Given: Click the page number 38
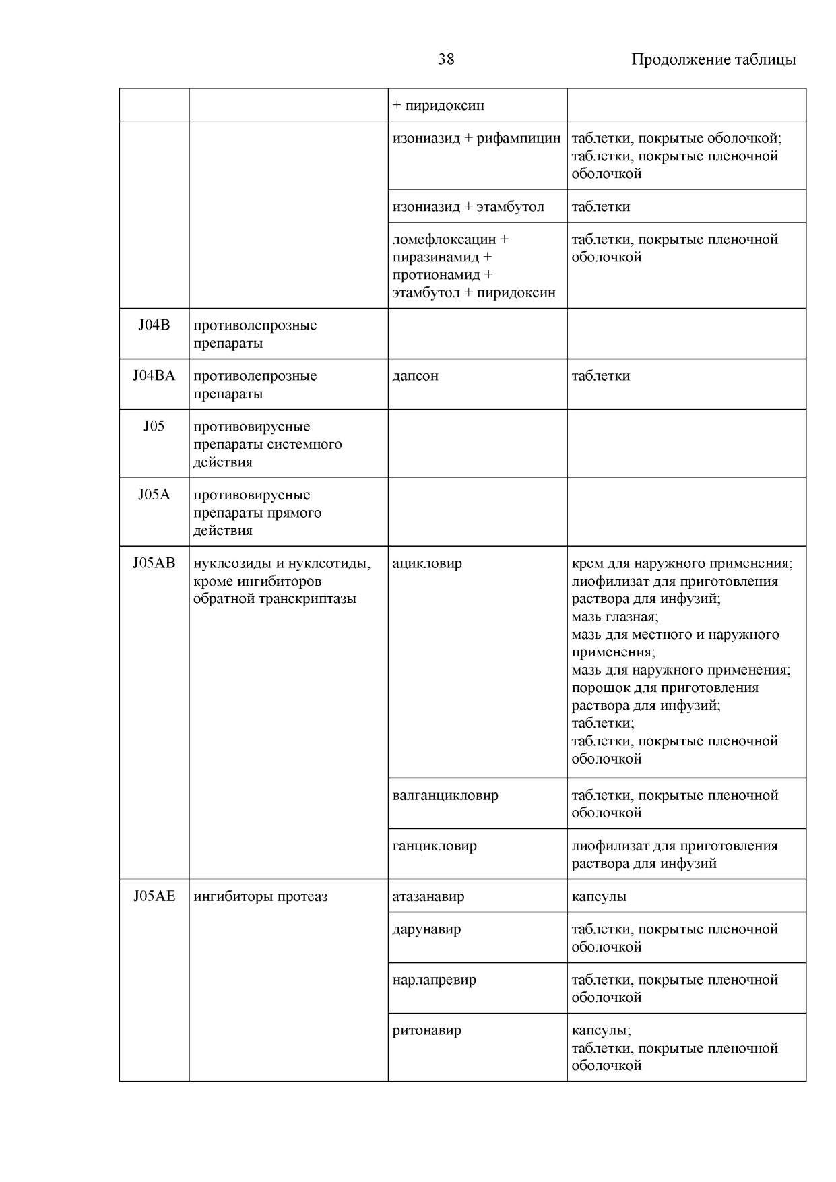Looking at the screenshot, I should pos(446,59).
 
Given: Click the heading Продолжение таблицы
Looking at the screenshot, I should pos(713,59).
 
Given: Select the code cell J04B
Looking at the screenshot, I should pos(154,325).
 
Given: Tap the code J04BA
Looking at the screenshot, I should pos(154,376).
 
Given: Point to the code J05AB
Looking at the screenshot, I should pos(154,563).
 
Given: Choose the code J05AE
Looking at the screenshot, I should pos(154,896).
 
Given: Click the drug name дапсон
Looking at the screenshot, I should pos(416,376).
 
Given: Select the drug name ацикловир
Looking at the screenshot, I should pos(427,563).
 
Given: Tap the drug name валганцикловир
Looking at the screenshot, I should pos(445,795).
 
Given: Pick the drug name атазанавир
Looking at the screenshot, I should pos(428,896).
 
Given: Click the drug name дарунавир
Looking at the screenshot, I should pos(426,929).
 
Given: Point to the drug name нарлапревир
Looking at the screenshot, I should pos(434,980).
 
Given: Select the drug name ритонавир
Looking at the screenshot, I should pos(426,1030).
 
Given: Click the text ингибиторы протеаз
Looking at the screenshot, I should pos(260,896).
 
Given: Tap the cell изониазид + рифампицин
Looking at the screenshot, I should pos(476,138).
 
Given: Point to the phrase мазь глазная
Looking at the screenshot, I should pos(614,617).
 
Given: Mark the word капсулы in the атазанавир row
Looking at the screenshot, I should pos(599,896).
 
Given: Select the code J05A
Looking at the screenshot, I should pos(154,495).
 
